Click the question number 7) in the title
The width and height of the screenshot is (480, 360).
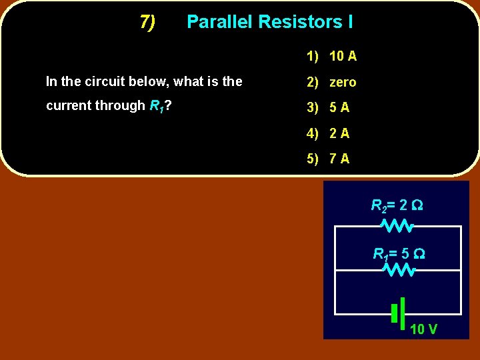pos(147,22)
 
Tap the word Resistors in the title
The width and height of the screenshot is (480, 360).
pos(299,22)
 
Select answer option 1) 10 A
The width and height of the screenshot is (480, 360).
pos(331,56)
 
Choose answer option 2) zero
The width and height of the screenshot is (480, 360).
pos(331,82)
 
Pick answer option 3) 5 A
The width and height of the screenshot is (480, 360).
pos(328,107)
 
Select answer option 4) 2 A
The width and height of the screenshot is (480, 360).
pos(328,133)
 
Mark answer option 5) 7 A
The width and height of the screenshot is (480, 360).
pos(328,159)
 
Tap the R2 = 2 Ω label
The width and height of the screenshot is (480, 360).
pos(397,205)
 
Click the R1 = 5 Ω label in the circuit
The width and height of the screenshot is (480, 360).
pos(399,254)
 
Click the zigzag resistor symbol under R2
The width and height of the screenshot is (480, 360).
pos(398,227)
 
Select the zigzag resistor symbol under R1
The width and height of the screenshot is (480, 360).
pos(399,270)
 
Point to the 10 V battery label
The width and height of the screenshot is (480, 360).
pos(423,329)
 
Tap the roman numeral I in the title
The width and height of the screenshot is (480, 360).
pos(350,22)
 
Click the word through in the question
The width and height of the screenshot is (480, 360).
pos(119,105)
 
